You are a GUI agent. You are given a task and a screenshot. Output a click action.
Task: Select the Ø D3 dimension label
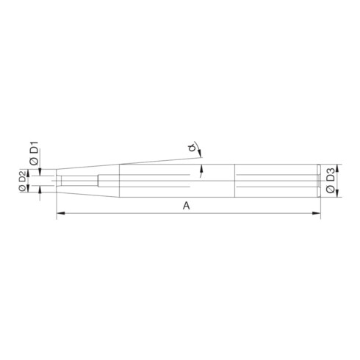click(x=331, y=180)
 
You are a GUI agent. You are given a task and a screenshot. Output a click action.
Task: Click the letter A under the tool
click(x=187, y=207)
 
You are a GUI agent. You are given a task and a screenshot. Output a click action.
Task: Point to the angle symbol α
click(x=192, y=152)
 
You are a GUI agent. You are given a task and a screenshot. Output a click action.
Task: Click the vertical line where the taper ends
click(x=120, y=180)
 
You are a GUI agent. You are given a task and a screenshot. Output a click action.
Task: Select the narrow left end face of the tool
click(x=57, y=179)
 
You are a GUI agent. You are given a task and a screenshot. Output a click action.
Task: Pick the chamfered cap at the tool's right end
click(x=318, y=180)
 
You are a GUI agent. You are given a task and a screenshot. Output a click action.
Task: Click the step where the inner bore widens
click(x=98, y=179)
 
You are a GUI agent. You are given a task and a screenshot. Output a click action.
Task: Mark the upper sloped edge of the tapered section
click(x=88, y=166)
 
